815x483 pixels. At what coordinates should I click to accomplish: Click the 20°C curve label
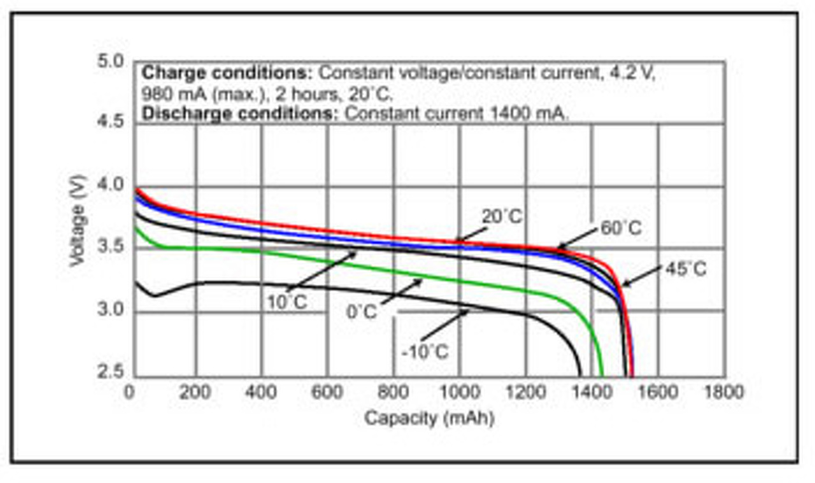502,217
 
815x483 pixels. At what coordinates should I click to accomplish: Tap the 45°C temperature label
686,269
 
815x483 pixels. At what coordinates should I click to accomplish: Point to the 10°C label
287,301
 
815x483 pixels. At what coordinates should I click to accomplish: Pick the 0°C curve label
362,312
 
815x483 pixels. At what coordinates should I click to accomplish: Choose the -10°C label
425,351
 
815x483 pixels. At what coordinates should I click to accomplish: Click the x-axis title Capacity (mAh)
429,419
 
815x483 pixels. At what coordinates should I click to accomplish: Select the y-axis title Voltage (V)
78,220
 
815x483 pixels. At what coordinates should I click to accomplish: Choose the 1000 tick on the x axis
459,392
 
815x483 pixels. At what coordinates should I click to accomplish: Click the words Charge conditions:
227,73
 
